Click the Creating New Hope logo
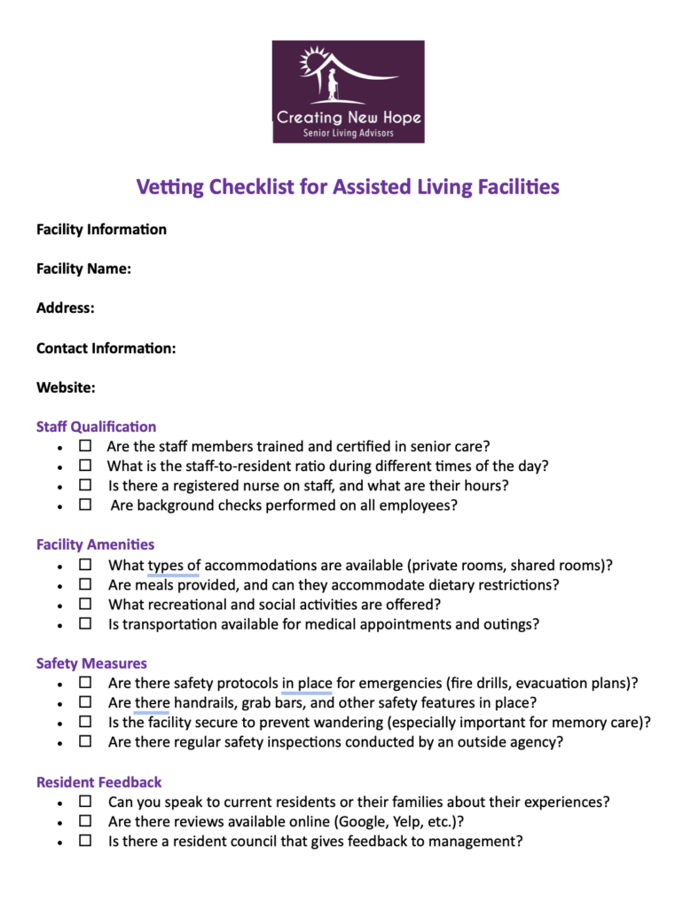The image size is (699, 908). (x=348, y=91)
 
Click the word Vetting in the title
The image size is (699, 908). (x=169, y=187)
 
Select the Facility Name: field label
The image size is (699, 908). (x=84, y=269)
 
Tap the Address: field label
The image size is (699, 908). (x=66, y=309)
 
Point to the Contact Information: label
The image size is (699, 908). (x=106, y=348)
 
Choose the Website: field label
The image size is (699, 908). (x=66, y=387)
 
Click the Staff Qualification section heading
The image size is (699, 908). (x=96, y=427)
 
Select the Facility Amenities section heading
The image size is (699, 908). (x=95, y=544)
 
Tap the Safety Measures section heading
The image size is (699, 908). (x=91, y=663)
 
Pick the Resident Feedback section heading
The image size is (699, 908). (x=98, y=782)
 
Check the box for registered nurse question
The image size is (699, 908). (x=85, y=485)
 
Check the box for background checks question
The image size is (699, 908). (x=85, y=505)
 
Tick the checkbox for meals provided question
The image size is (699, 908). (x=85, y=584)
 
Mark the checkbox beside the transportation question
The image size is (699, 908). (x=85, y=623)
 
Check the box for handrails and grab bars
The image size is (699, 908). (x=85, y=702)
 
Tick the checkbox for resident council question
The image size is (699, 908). (x=85, y=840)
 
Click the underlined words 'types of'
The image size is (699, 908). (x=174, y=565)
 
